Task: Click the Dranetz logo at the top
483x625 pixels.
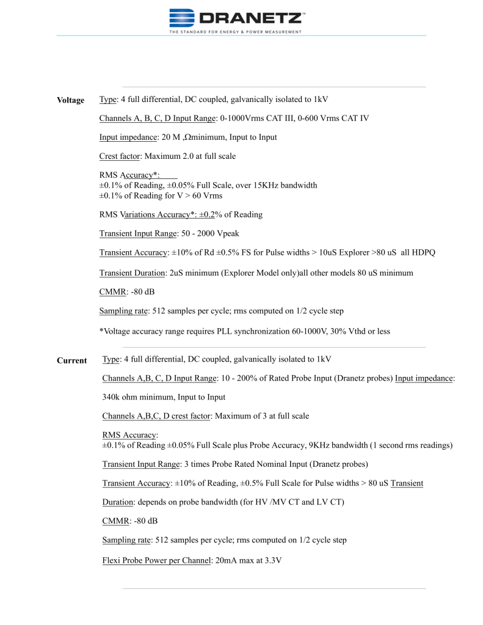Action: pyautogui.click(x=235, y=17)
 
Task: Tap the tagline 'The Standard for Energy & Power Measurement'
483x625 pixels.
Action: pyautogui.click(x=235, y=32)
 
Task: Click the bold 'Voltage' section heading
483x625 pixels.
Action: pyautogui.click(x=71, y=100)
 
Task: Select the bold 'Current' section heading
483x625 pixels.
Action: pyautogui.click(x=71, y=360)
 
